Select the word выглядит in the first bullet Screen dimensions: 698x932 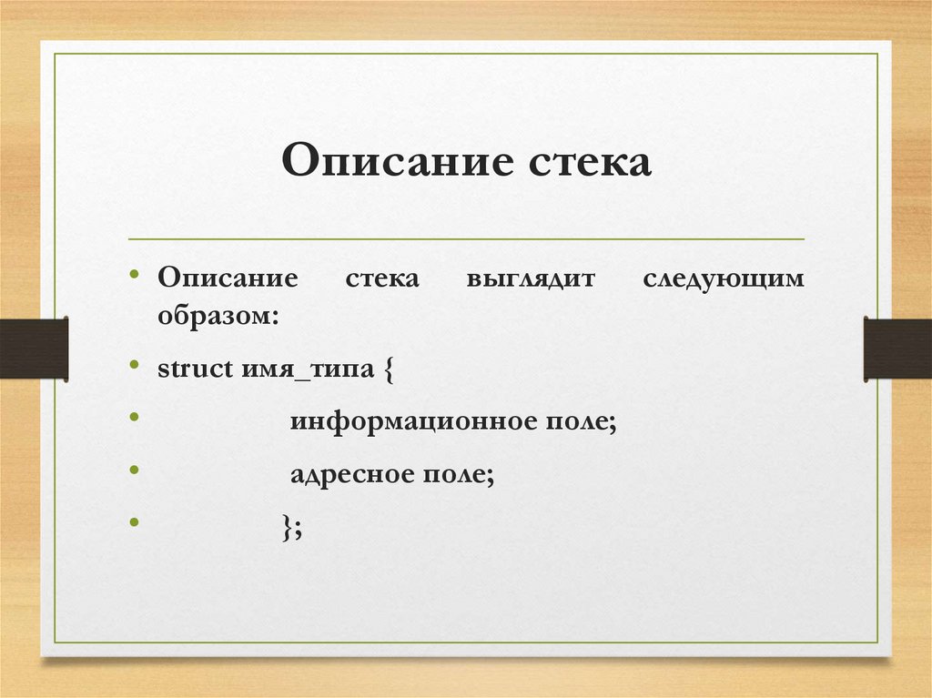point(530,278)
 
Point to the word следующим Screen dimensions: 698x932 point(724,278)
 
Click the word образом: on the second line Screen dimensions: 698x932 point(218,316)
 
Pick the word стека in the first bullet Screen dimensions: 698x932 point(382,278)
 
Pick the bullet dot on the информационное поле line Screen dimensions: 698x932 point(134,417)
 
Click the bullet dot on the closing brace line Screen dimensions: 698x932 point(134,522)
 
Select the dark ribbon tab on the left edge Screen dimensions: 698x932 point(34,348)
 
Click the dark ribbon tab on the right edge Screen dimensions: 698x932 point(897,348)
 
